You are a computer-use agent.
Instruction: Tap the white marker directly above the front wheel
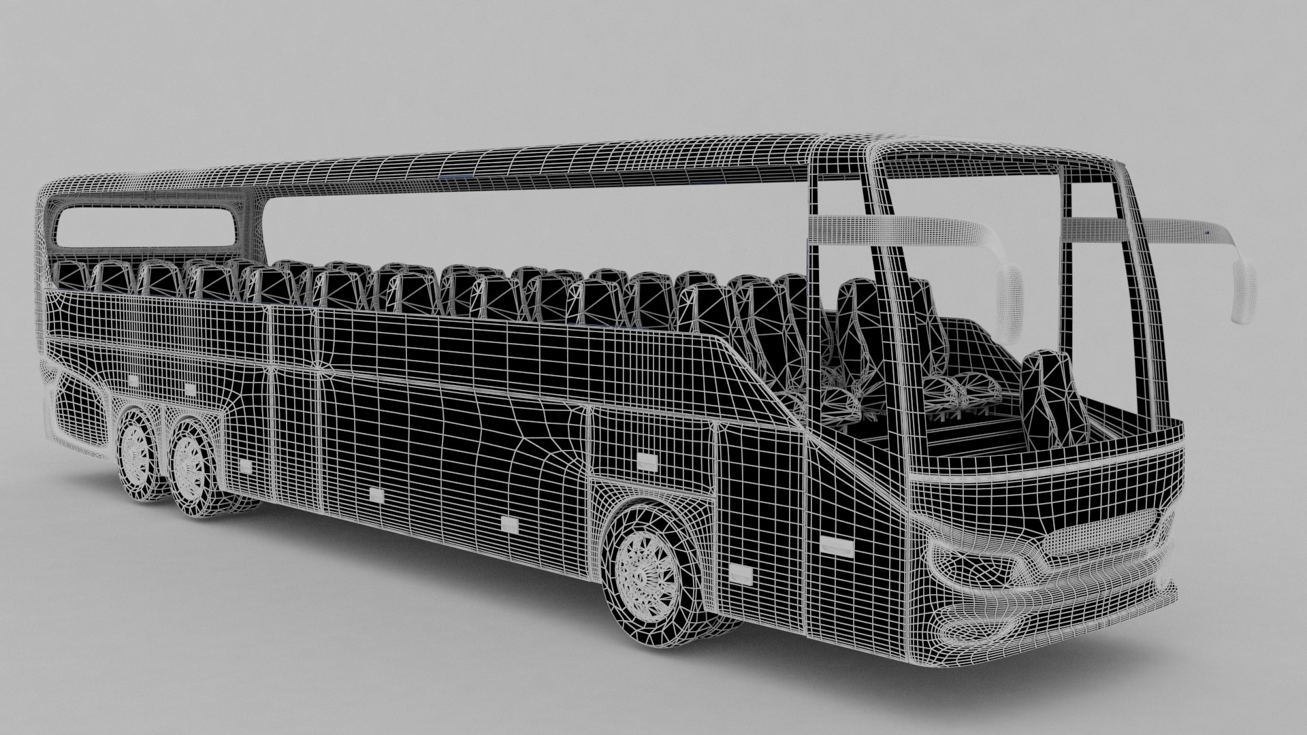[x=646, y=463]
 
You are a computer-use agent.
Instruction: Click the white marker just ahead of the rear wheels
[x=244, y=466]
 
